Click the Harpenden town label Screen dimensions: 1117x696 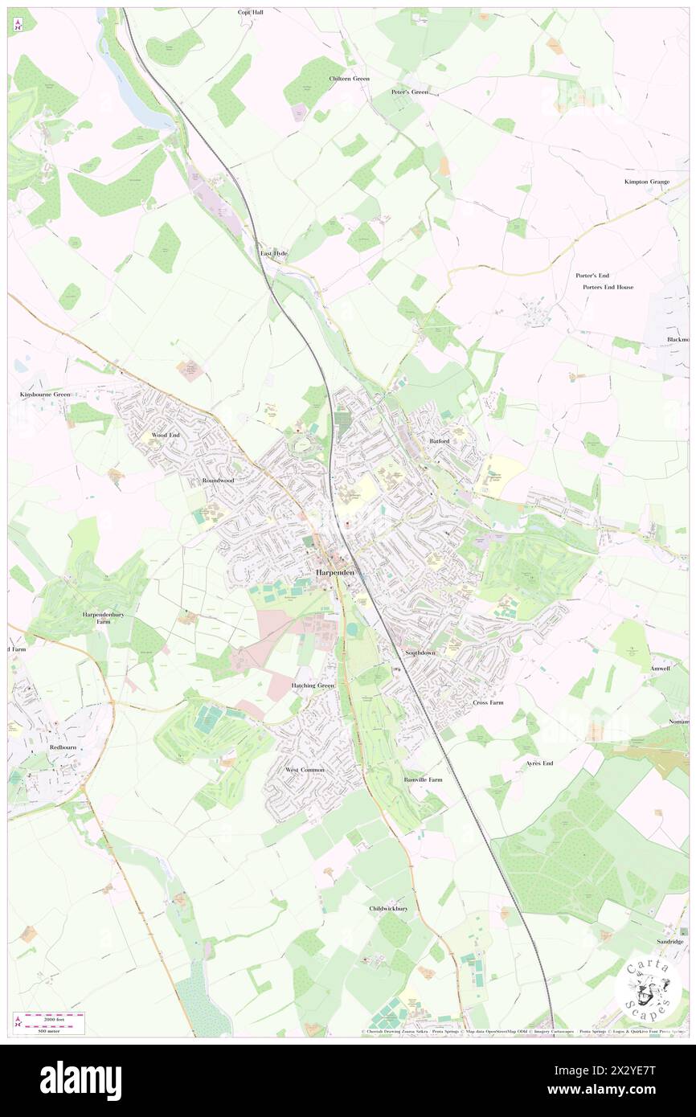(335, 572)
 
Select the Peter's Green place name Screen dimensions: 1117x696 (410, 92)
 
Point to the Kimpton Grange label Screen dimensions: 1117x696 (647, 182)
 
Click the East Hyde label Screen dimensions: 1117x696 (273, 253)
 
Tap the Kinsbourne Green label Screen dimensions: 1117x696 (45, 395)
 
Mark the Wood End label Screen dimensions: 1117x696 (166, 435)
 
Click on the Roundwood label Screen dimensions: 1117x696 (218, 481)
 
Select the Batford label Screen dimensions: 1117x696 (439, 441)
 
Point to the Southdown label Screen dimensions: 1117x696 (420, 653)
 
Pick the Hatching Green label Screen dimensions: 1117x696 (313, 685)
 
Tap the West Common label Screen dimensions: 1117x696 (305, 770)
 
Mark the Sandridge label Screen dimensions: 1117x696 (668, 941)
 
